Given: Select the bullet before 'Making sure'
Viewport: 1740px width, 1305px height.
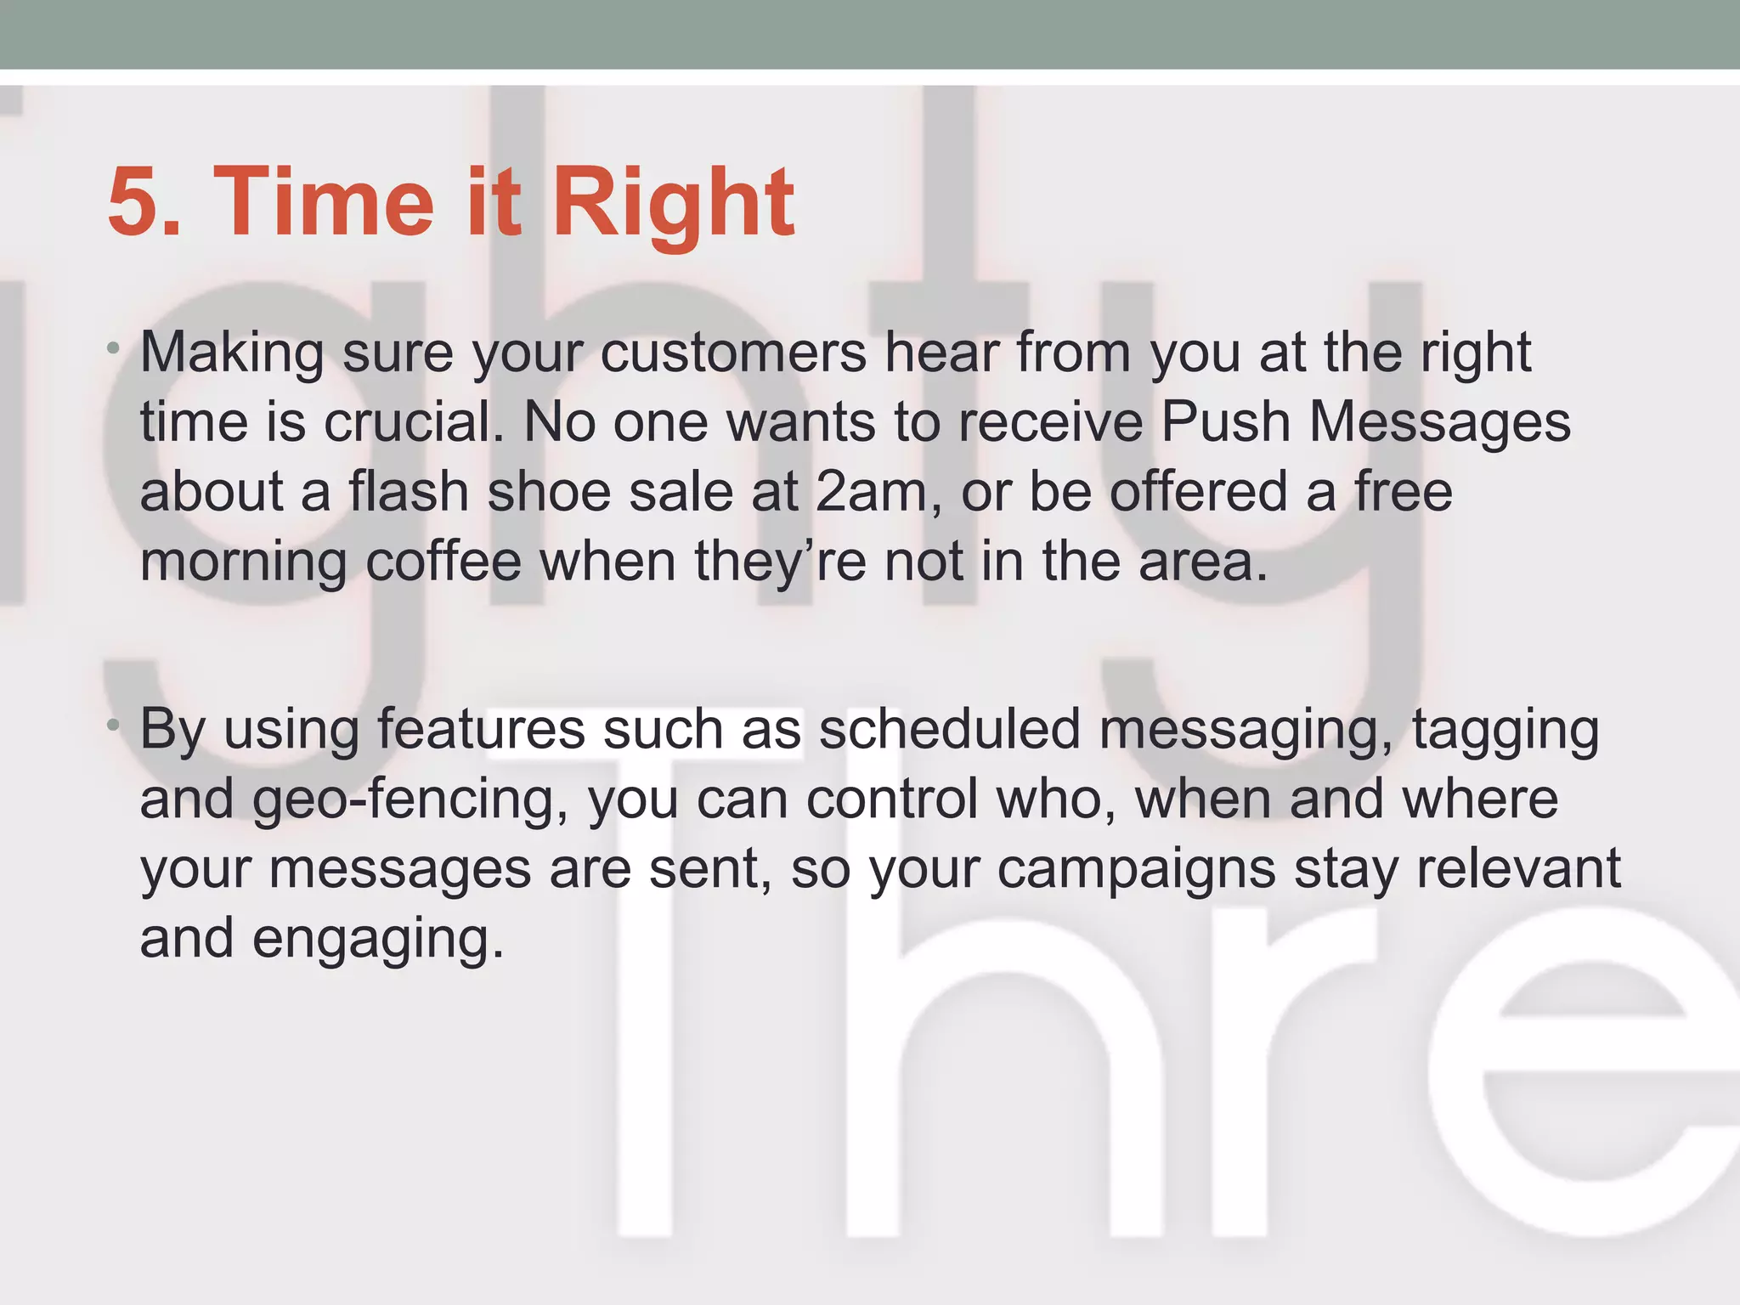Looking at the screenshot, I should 113,348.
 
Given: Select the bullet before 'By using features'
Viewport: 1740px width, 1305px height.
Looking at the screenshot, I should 113,725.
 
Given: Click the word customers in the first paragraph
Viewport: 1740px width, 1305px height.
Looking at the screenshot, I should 732,352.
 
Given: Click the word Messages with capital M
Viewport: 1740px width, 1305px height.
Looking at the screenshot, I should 1439,421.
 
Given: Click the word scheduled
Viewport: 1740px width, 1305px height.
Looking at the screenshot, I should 949,729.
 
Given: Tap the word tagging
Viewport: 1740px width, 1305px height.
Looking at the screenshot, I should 1505,729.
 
